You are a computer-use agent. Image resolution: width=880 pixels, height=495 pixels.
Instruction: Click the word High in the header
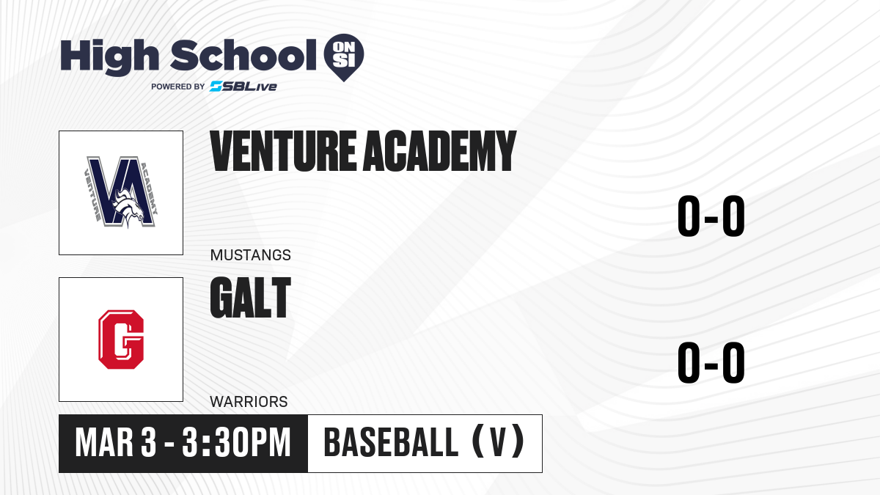[109, 57]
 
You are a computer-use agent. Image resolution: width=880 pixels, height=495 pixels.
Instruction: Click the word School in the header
[243, 55]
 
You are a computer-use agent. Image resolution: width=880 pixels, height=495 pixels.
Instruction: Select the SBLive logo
[243, 86]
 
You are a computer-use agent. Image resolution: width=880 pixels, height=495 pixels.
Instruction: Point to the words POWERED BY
[178, 87]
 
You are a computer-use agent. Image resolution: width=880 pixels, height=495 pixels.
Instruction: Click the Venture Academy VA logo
[121, 192]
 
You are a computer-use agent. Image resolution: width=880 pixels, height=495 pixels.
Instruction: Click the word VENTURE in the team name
[283, 151]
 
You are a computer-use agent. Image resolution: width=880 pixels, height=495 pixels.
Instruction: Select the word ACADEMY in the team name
[439, 151]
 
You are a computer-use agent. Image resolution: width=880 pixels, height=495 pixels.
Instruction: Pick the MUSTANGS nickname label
[251, 255]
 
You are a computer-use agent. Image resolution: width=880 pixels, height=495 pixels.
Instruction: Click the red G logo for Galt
[121, 340]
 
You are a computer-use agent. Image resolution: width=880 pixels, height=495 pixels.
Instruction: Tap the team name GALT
[251, 298]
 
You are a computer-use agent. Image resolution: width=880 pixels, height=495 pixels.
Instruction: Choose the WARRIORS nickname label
[249, 402]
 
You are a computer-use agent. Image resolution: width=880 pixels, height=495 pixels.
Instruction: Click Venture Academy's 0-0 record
[711, 216]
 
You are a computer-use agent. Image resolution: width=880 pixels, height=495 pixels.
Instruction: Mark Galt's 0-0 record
[711, 362]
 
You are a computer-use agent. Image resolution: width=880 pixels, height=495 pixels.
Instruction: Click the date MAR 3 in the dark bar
[116, 443]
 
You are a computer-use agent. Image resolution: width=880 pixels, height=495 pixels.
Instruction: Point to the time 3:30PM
[236, 443]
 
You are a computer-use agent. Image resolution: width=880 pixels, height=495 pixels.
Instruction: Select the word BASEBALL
[391, 443]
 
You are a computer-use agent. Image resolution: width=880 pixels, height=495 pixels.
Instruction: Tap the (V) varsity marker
[498, 443]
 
